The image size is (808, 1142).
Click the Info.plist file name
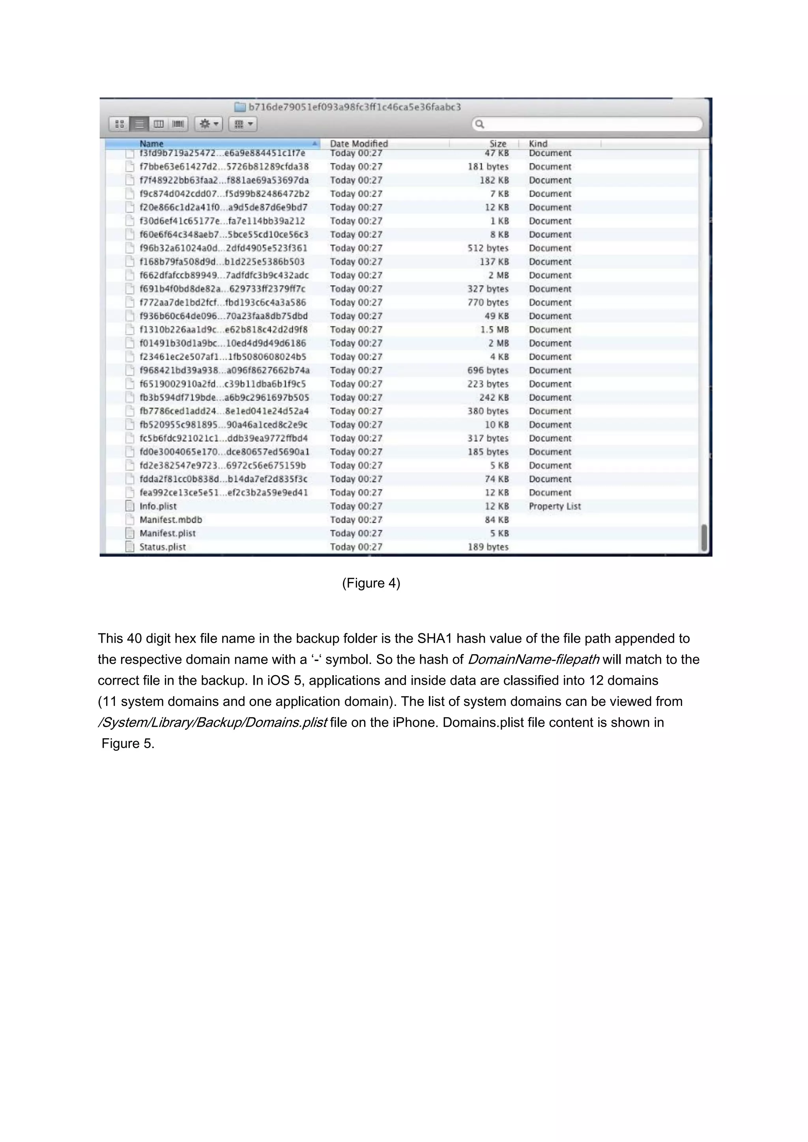point(158,506)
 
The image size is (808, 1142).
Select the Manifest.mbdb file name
point(171,520)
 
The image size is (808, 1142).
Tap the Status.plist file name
point(162,547)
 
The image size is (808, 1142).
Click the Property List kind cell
point(554,506)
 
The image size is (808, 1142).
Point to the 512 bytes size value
point(488,248)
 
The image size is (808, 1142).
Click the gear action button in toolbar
point(208,124)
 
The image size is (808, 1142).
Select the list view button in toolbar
point(140,124)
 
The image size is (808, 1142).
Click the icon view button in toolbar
point(120,124)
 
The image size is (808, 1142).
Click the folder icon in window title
point(240,107)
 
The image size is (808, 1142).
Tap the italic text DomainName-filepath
point(533,660)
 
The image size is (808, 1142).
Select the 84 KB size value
point(497,520)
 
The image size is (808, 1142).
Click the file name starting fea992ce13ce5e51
point(223,493)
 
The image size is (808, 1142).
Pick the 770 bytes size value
point(488,302)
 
